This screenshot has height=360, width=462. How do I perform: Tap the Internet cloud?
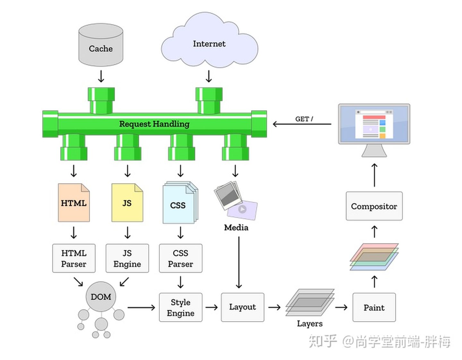click(x=209, y=44)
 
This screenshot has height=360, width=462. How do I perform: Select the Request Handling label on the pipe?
click(x=154, y=124)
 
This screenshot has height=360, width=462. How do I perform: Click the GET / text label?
click(x=304, y=119)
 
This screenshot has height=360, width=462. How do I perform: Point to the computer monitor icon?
click(x=374, y=125)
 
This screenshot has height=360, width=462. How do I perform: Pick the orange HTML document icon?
click(x=74, y=203)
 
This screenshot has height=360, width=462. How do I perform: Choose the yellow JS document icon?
click(x=127, y=203)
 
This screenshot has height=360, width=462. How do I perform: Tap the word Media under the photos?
click(x=236, y=228)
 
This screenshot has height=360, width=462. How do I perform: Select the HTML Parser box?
click(x=74, y=259)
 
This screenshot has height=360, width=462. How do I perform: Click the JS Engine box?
click(x=127, y=259)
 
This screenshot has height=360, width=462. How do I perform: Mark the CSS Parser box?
click(x=181, y=259)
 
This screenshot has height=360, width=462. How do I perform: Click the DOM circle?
click(x=101, y=297)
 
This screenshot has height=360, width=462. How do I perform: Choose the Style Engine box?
click(x=181, y=307)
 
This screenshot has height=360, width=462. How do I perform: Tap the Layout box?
click(x=243, y=307)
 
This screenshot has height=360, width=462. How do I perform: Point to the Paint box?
click(x=374, y=307)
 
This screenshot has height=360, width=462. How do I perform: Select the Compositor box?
click(x=374, y=206)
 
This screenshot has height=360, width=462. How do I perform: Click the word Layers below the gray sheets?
click(x=310, y=323)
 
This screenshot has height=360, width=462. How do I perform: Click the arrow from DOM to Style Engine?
click(x=141, y=308)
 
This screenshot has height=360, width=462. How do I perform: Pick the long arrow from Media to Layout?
click(x=239, y=262)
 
